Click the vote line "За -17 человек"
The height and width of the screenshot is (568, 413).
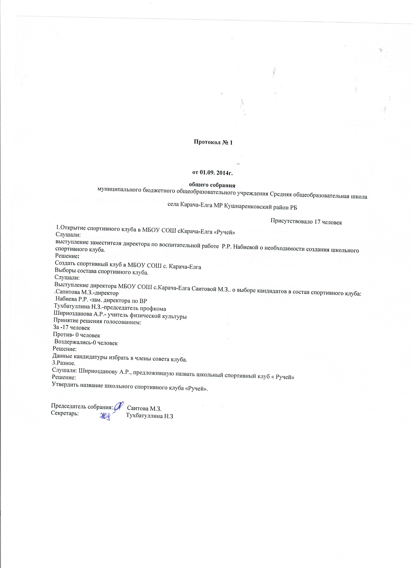[x=72, y=328]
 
